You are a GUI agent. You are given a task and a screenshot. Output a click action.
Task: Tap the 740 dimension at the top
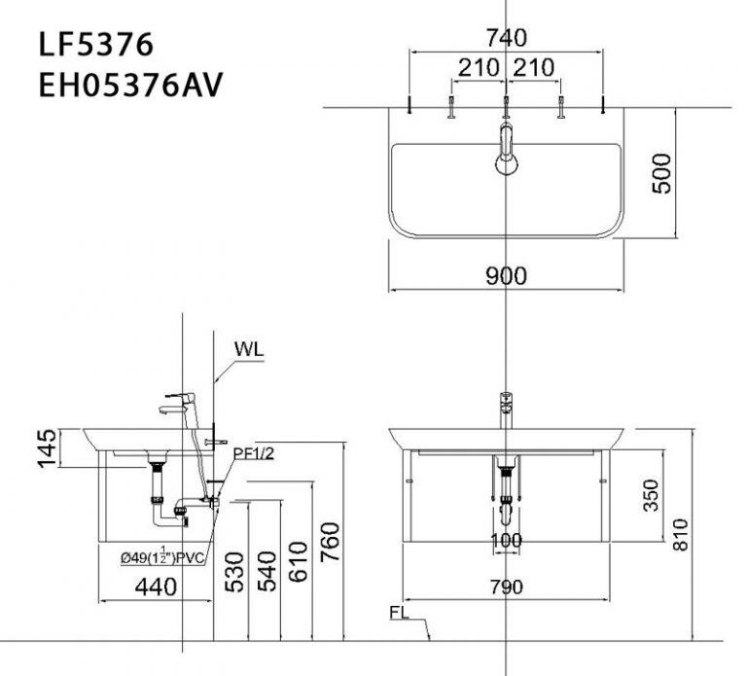506,38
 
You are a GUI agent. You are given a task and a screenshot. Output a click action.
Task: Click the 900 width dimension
506,276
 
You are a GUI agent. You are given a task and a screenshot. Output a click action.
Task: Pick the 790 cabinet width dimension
506,587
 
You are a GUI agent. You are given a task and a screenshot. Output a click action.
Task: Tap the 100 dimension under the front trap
506,540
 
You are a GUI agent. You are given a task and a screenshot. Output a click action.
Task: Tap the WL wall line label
249,346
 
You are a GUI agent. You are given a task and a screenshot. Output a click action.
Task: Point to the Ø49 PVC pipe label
160,556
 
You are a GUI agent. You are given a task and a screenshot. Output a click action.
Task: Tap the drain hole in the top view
506,166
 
